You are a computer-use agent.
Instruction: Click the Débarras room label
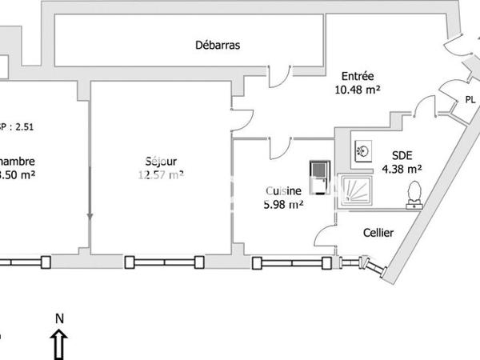(x=218, y=46)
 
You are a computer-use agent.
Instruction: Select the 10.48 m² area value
(x=356, y=90)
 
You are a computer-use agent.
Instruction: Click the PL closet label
(x=470, y=101)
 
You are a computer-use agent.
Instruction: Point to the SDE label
(x=402, y=155)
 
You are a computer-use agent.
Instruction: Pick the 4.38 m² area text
(x=402, y=169)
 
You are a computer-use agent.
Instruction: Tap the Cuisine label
(x=283, y=191)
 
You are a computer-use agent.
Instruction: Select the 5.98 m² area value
(x=283, y=205)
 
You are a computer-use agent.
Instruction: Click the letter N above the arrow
(x=59, y=318)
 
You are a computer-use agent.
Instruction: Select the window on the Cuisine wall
(x=292, y=262)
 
